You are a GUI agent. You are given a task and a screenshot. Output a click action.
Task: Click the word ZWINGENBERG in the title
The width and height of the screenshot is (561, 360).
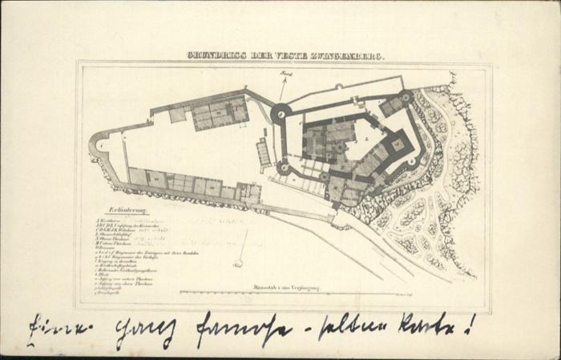tap(349, 57)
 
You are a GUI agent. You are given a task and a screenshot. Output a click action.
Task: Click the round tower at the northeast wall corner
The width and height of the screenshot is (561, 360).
tap(406, 96)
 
